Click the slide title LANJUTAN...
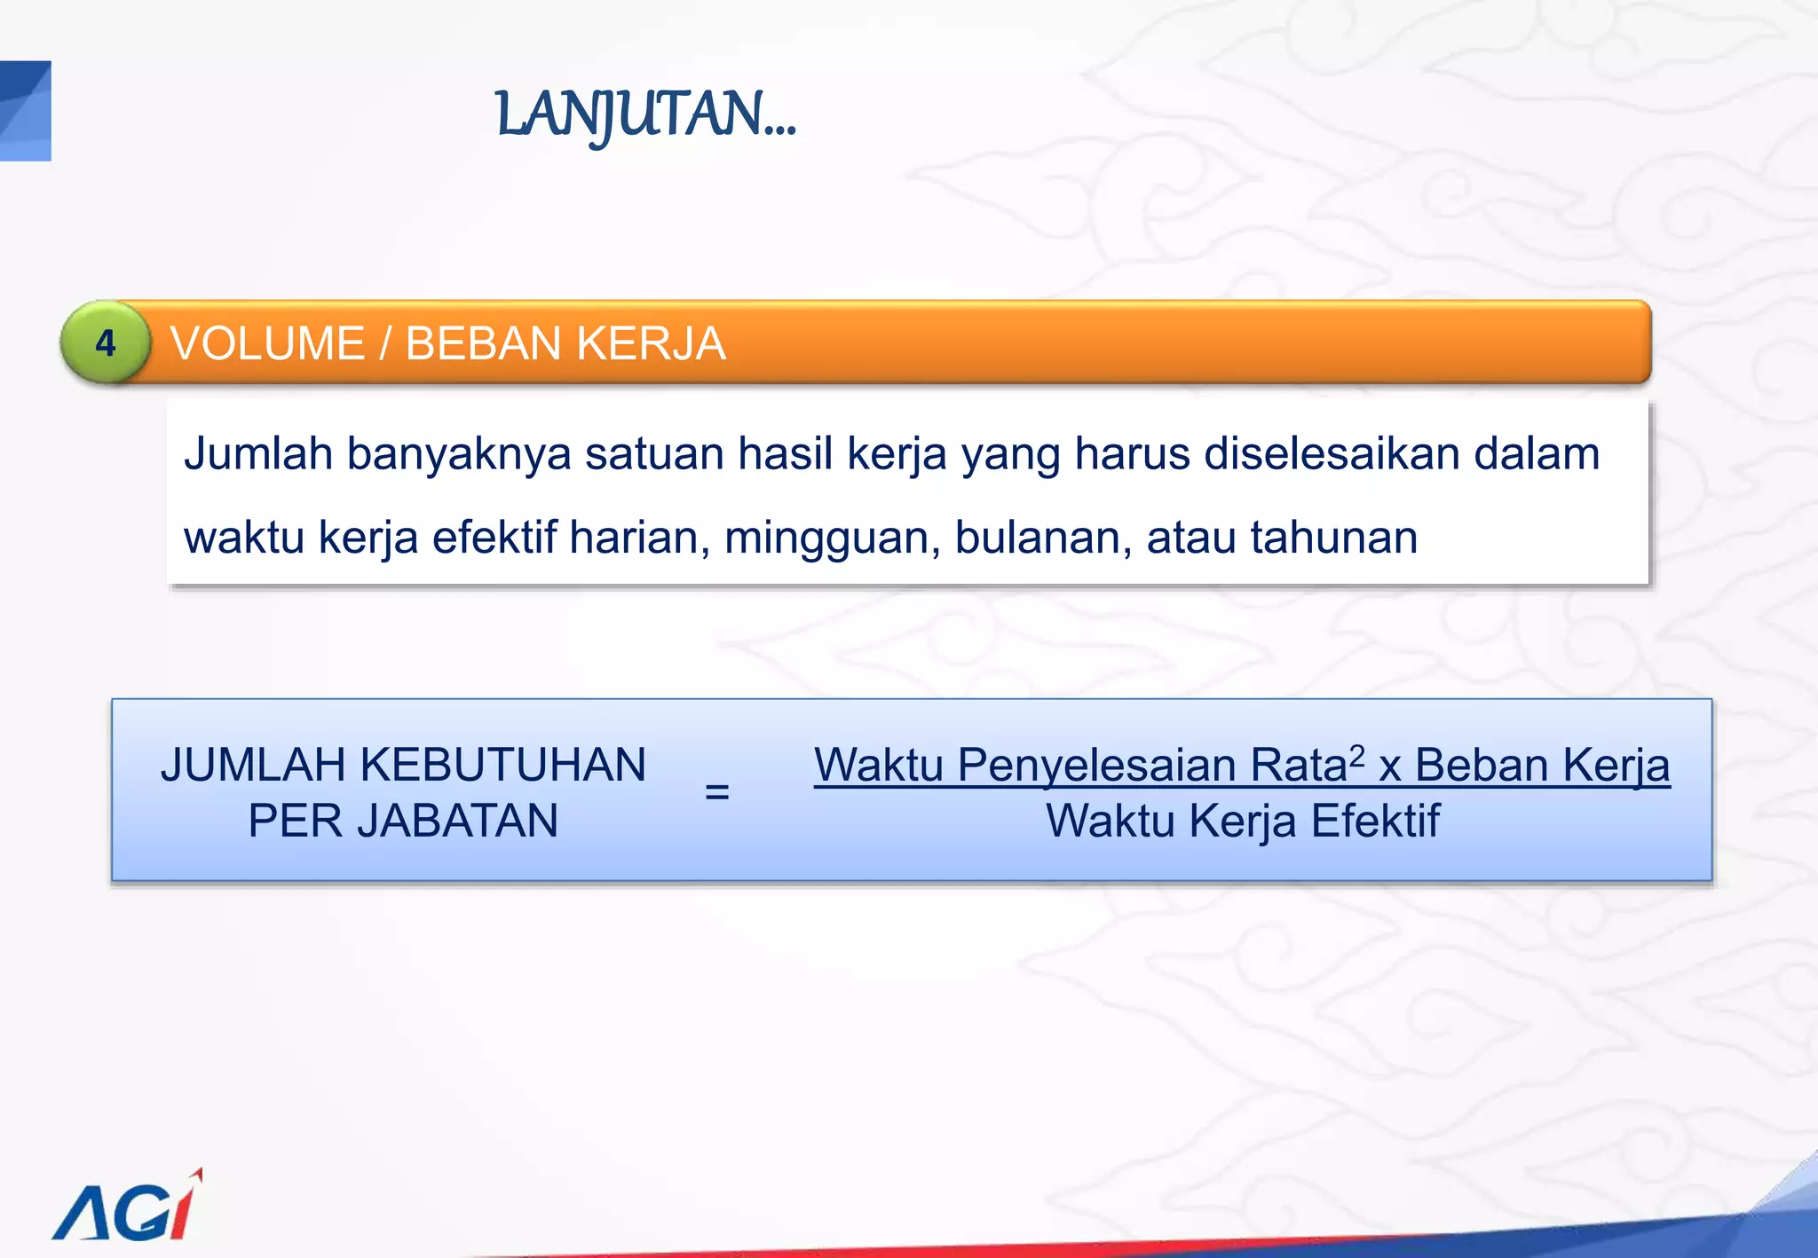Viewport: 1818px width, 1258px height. [645, 115]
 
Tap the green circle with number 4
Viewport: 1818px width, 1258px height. [106, 343]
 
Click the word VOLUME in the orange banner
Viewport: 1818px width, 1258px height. [267, 343]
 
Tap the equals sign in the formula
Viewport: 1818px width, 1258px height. [716, 790]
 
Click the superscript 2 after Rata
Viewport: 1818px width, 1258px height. [1356, 755]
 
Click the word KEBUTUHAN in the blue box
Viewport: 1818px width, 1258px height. [503, 765]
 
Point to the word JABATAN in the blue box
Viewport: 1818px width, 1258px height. [458, 821]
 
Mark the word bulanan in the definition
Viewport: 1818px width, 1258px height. [1043, 538]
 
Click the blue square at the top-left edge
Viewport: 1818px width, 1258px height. [25, 111]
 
